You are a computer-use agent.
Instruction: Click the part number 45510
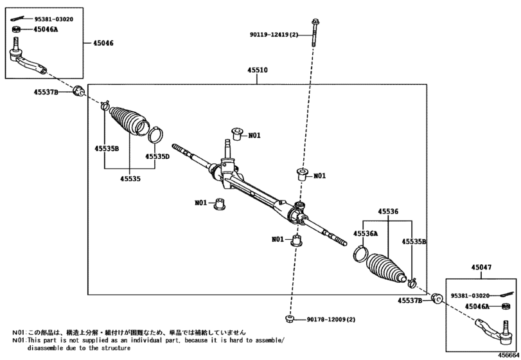257,70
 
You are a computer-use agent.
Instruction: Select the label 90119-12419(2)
274,35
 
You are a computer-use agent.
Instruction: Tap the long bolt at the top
314,33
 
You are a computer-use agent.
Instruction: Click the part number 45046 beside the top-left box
103,43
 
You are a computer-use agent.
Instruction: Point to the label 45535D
157,157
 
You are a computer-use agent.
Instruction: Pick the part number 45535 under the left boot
130,179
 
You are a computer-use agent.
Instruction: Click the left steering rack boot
127,120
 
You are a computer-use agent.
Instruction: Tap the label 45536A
366,234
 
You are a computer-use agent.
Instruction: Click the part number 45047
481,267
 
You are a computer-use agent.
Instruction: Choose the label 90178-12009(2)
331,319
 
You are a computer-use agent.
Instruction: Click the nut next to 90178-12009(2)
289,319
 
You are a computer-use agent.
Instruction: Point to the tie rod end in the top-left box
27,57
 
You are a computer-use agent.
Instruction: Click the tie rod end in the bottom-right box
493,332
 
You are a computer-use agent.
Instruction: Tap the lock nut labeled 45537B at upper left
78,91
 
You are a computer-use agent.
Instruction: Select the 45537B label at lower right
410,301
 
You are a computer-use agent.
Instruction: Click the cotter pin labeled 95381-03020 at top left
21,19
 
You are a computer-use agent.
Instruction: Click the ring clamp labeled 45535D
156,134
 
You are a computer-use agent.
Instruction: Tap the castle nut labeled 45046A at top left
16,30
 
